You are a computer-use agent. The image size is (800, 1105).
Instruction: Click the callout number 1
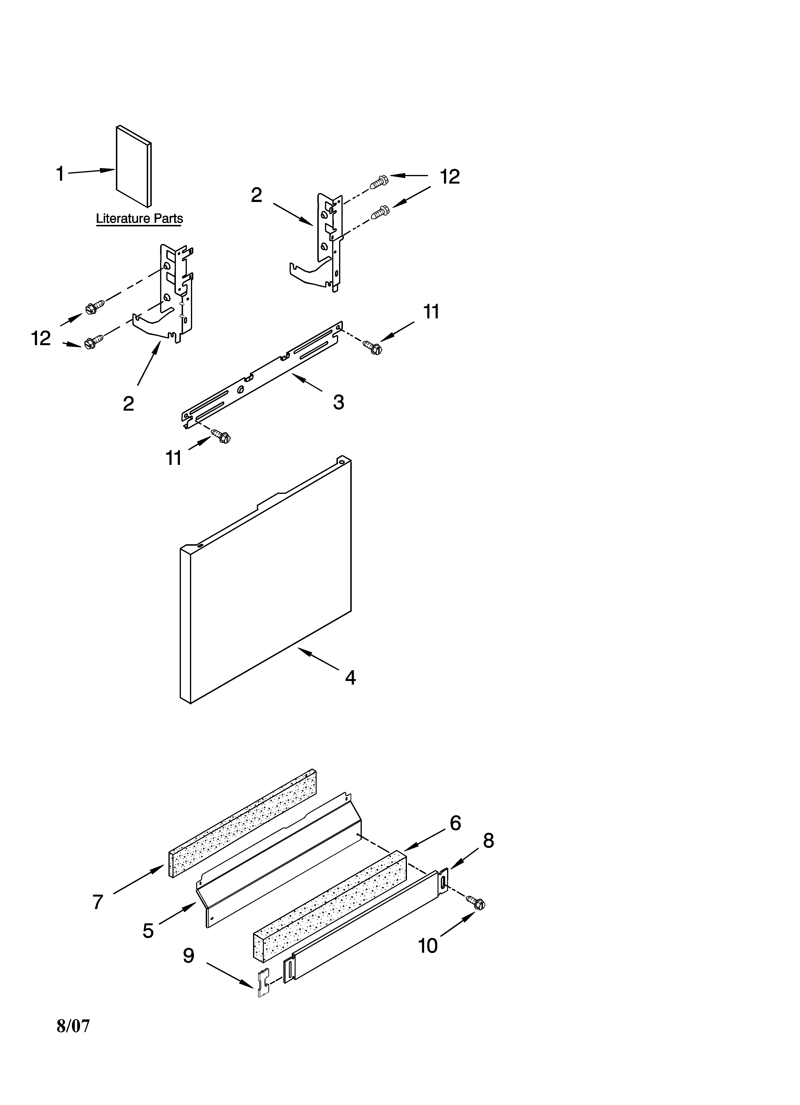(60, 174)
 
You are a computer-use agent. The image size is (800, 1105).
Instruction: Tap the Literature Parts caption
(139, 219)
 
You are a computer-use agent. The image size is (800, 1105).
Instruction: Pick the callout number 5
(148, 931)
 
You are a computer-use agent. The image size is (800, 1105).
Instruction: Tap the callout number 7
(98, 902)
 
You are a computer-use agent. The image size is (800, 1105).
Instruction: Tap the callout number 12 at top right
(450, 177)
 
